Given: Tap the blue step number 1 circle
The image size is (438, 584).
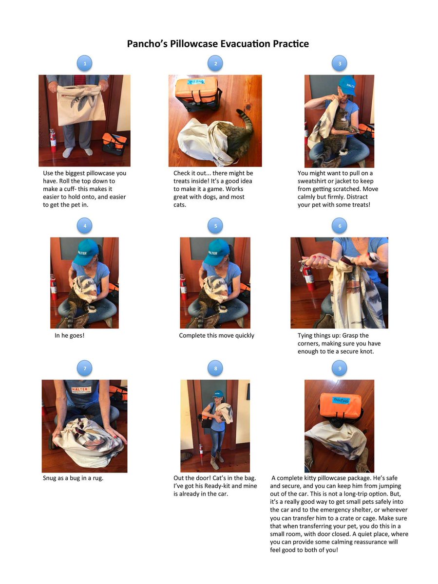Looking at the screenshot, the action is click(85, 63).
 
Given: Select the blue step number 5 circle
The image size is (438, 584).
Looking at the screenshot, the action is click(215, 226).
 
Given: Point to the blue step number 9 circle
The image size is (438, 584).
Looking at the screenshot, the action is click(340, 368).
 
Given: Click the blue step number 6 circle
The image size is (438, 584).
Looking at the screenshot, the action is click(340, 226).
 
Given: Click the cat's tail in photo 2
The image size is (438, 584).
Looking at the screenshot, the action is click(247, 120).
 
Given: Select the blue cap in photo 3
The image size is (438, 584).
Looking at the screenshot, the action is click(348, 85).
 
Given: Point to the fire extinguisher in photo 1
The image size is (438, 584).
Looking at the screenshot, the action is click(53, 141).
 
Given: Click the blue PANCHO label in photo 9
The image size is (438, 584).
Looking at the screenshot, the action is click(341, 400).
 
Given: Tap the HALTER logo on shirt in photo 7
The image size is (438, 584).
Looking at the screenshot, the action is click(81, 390).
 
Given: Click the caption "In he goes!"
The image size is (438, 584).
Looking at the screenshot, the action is click(70, 335).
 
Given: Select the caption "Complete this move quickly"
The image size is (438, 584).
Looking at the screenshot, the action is click(216, 335).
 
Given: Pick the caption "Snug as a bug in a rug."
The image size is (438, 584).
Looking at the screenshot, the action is click(73, 478).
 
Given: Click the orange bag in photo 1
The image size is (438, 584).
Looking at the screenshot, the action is click(114, 144).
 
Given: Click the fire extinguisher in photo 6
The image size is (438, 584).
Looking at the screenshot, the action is click(307, 274).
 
